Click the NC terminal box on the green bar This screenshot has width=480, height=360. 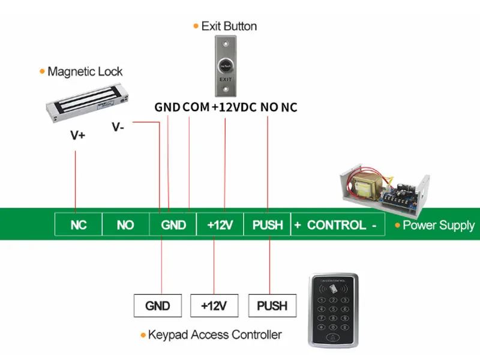point(79,225)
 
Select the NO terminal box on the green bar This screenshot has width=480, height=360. point(125,225)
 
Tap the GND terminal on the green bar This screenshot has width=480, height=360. point(173,225)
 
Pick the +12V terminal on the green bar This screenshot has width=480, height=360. point(220,225)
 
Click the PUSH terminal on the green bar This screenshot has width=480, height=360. point(268,225)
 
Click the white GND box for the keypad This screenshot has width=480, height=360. point(158,305)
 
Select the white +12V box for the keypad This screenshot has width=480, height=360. point(214,305)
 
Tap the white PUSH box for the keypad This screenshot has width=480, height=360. point(272,305)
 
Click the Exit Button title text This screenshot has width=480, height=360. point(229,26)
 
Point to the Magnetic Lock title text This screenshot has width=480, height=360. point(85,71)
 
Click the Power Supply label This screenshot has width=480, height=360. point(438,226)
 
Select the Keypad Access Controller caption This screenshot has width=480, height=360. point(214,334)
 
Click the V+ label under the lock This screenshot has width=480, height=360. point(78,136)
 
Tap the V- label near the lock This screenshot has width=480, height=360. point(119,127)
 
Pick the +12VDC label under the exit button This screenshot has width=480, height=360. point(234,107)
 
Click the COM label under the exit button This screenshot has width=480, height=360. point(196,107)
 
